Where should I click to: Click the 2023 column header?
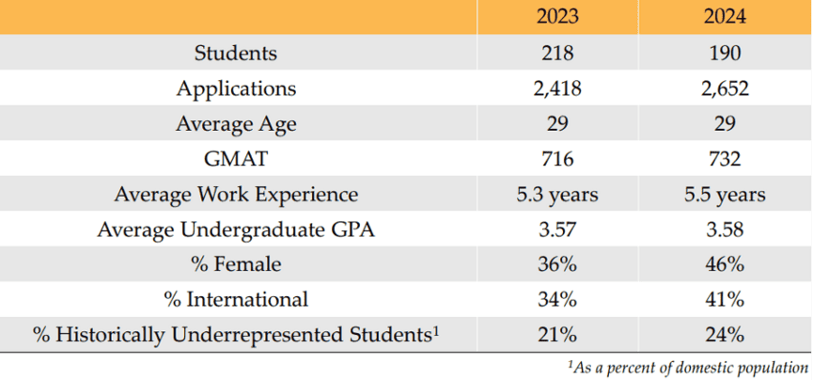[557, 17]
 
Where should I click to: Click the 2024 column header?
[725, 17]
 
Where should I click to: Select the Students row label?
[236, 54]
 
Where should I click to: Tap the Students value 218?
[557, 54]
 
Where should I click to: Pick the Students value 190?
[725, 54]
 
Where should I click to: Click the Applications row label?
[236, 89]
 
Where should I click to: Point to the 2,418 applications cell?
[557, 89]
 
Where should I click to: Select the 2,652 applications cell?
[725, 89]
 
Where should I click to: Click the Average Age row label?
[236, 124]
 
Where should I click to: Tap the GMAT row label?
[236, 160]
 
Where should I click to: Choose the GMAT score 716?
[557, 160]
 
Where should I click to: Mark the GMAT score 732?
[725, 160]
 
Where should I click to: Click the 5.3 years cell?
[557, 195]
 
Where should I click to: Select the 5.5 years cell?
[725, 195]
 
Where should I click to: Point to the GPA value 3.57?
[557, 230]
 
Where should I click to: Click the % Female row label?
[236, 265]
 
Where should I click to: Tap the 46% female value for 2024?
[725, 265]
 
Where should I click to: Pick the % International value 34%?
[557, 300]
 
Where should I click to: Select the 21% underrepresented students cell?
[557, 335]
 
